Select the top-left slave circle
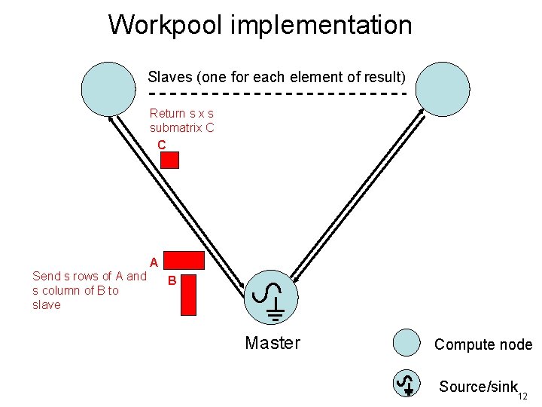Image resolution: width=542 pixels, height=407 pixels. coord(108,88)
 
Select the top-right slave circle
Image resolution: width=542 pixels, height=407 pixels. coord(443,88)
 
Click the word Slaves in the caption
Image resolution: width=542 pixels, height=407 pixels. coord(169,77)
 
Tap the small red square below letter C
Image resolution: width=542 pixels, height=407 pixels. coord(171,160)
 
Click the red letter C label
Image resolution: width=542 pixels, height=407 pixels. coord(162,144)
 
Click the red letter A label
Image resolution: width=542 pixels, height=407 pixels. coord(154,263)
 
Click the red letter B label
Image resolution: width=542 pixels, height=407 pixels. coord(172,281)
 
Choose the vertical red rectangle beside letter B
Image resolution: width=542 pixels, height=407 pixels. coord(188,294)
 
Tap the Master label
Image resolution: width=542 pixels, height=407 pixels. coord(273,344)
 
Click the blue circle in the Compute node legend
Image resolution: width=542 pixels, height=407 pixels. coord(406,343)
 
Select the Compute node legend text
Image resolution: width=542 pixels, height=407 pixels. coord(483,344)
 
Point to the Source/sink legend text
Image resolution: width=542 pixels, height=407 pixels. coord(478,387)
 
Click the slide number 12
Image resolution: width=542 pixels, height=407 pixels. coord(522,396)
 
